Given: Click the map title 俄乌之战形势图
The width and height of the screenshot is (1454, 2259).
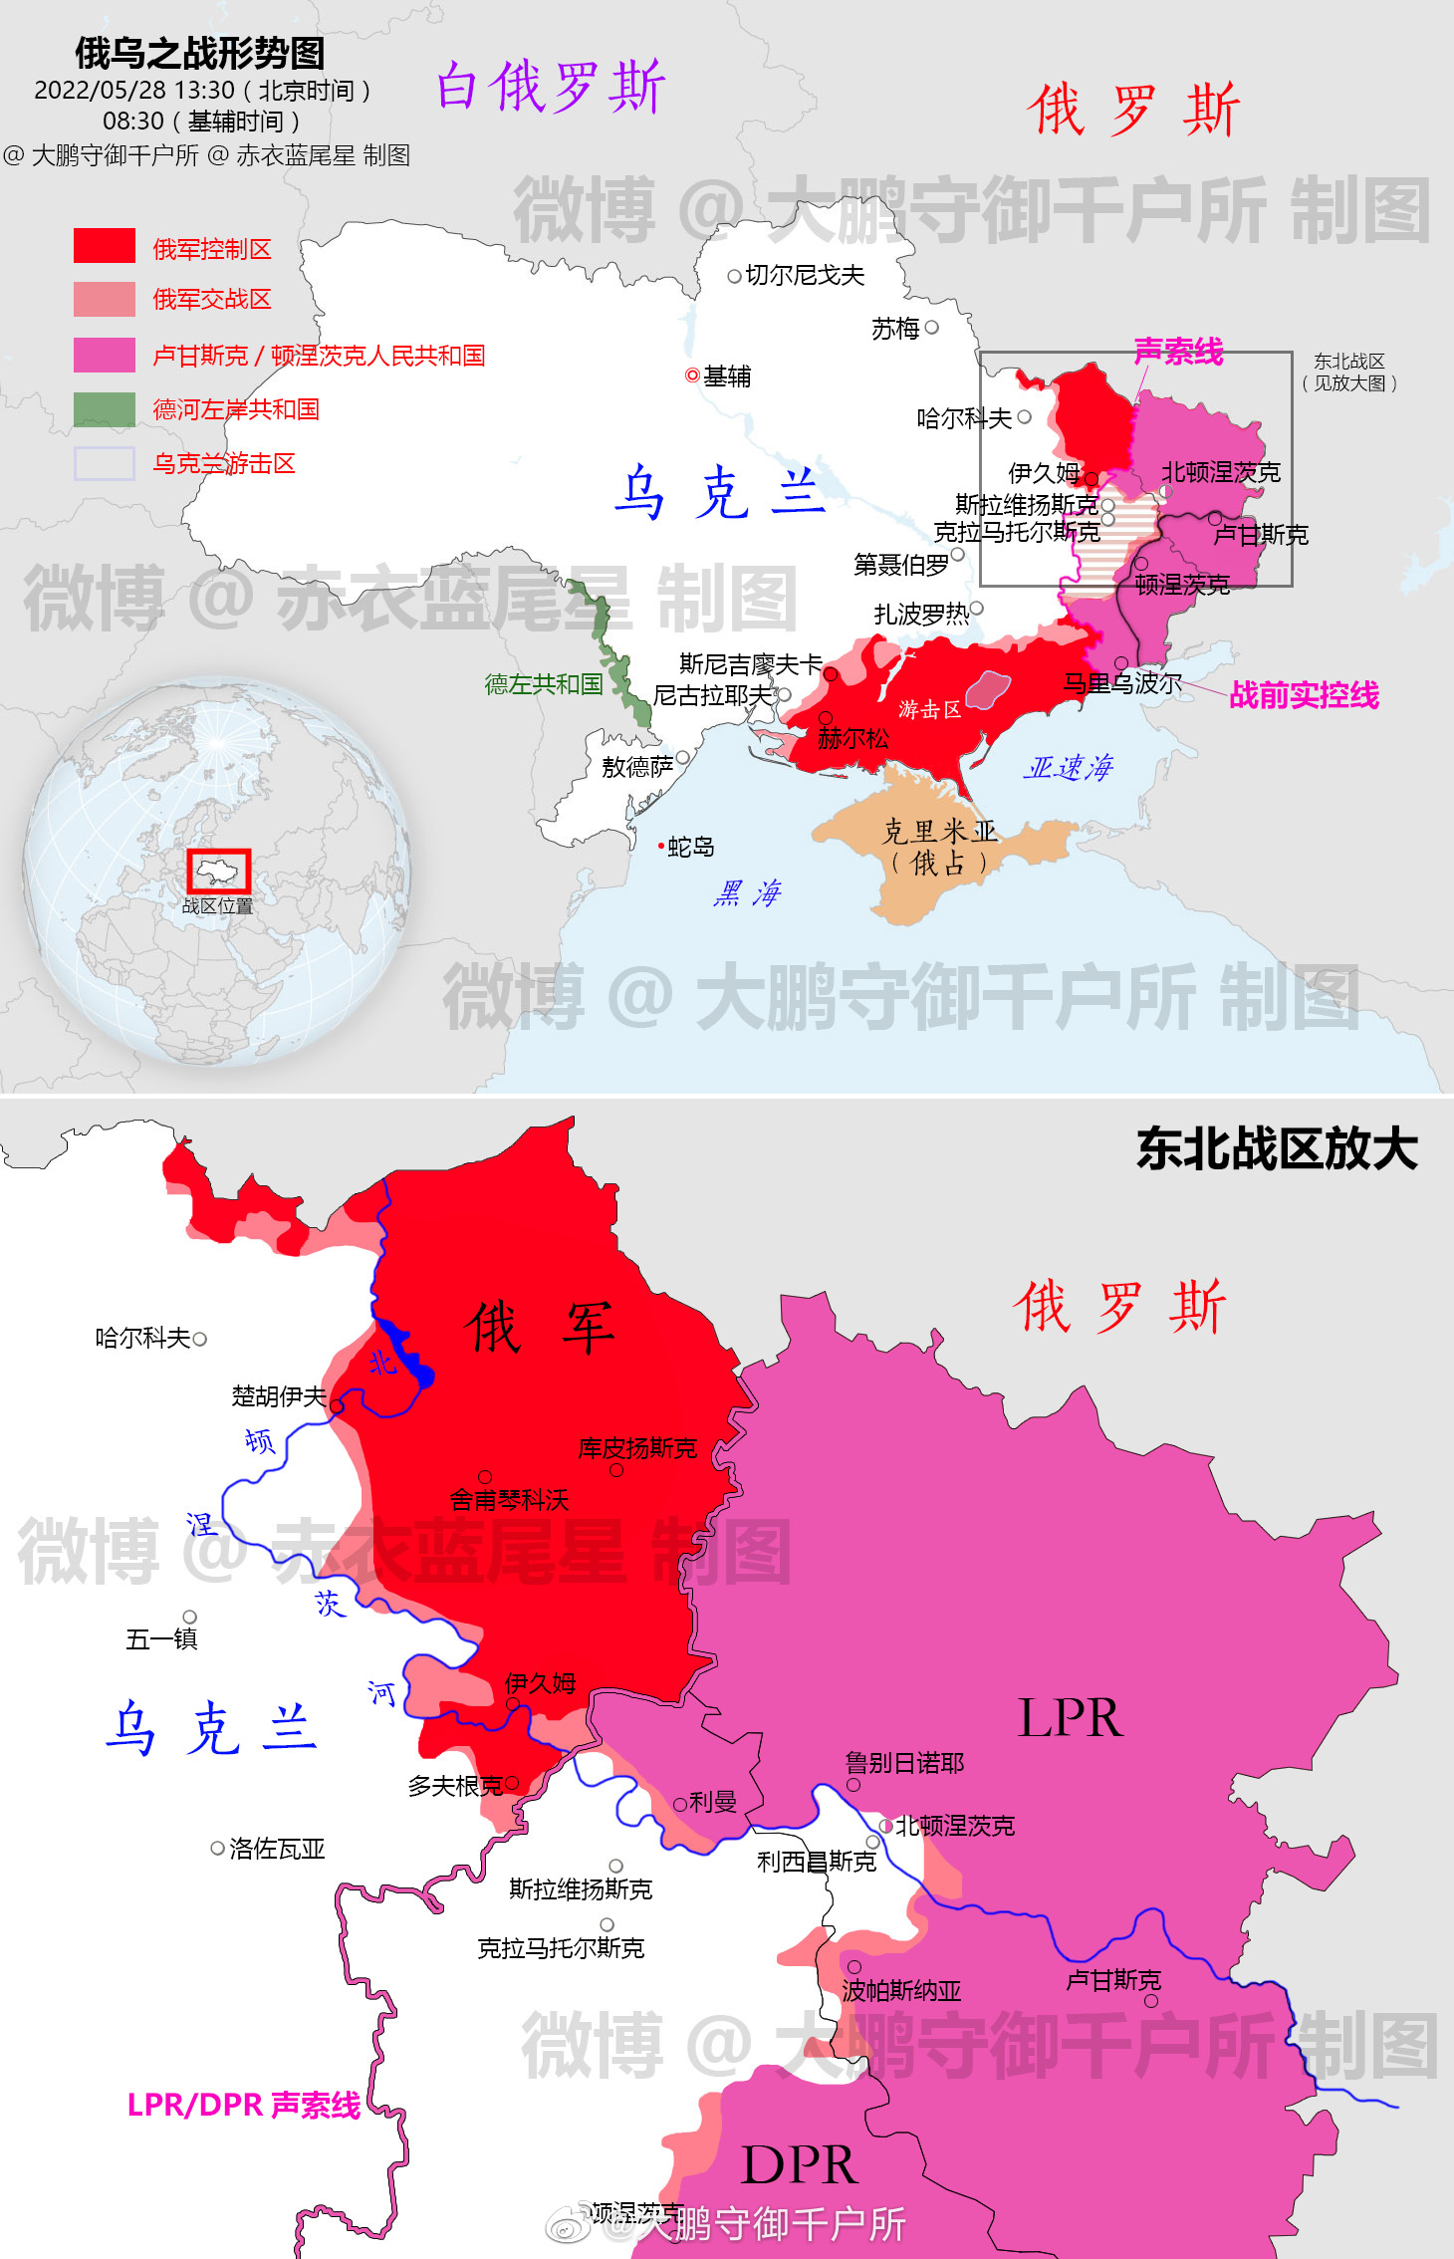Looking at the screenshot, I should click(x=199, y=53).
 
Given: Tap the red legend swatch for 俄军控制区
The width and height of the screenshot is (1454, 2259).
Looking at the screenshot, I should click(x=104, y=246).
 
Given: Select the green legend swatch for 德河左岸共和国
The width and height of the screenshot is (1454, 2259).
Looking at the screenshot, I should click(x=104, y=409).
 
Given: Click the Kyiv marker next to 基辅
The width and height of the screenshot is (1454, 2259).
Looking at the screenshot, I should click(x=692, y=376).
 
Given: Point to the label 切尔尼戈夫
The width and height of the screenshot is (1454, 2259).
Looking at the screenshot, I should click(x=805, y=275).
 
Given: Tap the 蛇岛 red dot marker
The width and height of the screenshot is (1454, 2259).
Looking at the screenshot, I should click(x=660, y=847).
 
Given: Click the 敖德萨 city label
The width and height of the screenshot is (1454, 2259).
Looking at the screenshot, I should click(x=637, y=767).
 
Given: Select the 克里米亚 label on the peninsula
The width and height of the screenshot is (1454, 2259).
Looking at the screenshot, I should click(x=939, y=832).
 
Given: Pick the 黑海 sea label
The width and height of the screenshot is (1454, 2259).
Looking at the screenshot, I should click(x=748, y=892).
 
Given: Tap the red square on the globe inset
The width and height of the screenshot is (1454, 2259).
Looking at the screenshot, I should click(x=218, y=872).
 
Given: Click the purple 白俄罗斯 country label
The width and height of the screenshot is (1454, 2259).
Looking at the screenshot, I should click(x=551, y=86).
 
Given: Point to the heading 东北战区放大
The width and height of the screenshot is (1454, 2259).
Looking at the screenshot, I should click(x=1277, y=1148).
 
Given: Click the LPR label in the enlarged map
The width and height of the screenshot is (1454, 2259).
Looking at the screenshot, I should click(x=1070, y=1719).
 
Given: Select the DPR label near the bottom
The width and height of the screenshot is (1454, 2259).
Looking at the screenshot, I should click(x=799, y=2164).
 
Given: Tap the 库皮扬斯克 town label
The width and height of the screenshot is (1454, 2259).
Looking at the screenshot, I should click(x=637, y=1448).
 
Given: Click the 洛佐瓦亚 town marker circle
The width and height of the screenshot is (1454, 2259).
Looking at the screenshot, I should click(x=217, y=1849).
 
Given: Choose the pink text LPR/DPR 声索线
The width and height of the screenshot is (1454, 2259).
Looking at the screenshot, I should click(x=244, y=2105).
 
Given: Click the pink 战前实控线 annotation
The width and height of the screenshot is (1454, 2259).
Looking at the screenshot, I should click(x=1304, y=695).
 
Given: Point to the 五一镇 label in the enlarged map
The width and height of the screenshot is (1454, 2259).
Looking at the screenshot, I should click(x=161, y=1638).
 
